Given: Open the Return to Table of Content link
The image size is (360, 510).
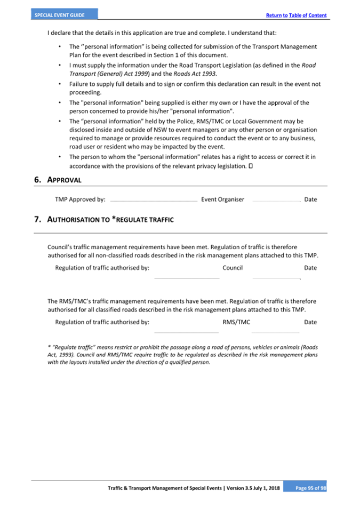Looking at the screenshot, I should [x=296, y=15].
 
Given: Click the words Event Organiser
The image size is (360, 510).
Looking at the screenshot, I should [x=222, y=200].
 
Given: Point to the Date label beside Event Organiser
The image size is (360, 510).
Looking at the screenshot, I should [x=310, y=200].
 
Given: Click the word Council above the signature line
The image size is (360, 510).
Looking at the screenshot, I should [x=233, y=268].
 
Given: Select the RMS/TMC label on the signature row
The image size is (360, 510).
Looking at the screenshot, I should [x=236, y=322].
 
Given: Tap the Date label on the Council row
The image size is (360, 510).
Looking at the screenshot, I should [x=310, y=268].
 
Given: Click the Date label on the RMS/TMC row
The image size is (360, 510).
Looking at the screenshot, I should [x=310, y=322].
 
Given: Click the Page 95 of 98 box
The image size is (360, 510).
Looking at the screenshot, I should [x=304, y=488].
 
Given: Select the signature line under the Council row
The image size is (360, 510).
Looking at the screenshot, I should [x=187, y=278].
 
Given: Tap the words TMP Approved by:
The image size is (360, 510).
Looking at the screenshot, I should [x=80, y=200].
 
